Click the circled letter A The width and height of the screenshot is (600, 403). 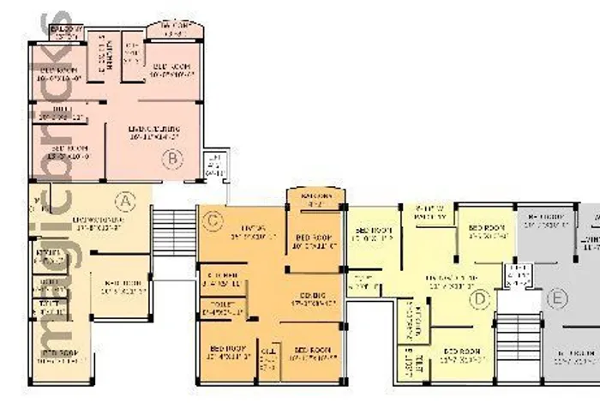[x=126, y=201]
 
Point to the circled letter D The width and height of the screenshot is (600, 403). [x=481, y=298]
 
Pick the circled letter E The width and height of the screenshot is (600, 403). [x=558, y=298]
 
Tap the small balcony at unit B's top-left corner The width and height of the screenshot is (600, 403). [x=66, y=33]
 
